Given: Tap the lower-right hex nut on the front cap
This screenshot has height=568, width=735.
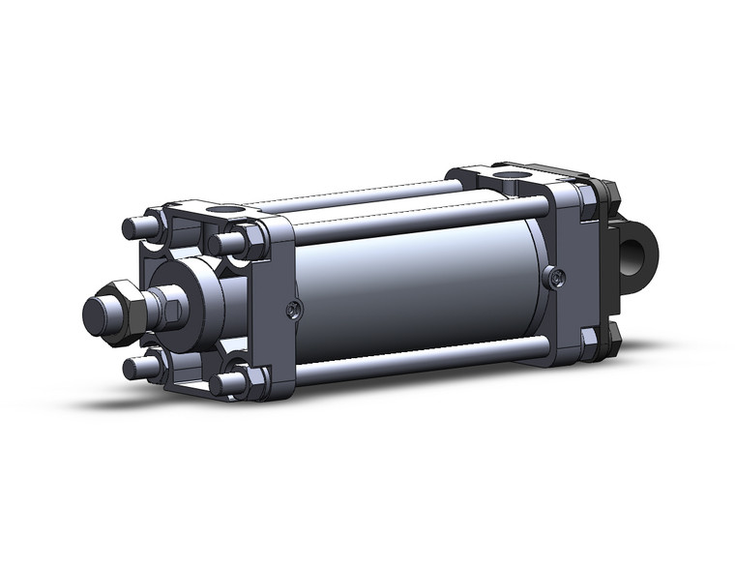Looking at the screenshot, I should [247, 379].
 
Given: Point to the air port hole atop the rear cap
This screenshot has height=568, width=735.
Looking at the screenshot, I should [515, 178].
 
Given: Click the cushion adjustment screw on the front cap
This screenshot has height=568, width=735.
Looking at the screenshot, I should [294, 310].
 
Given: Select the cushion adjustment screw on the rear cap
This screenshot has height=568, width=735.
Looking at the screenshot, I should [553, 278].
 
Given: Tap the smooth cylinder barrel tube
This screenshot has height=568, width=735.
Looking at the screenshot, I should [416, 290].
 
